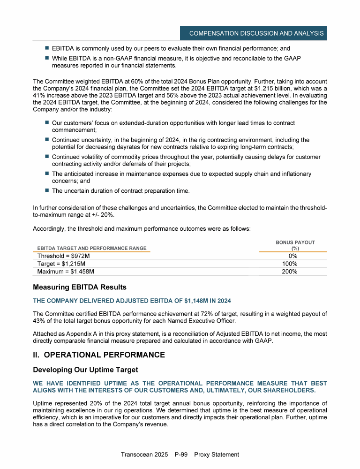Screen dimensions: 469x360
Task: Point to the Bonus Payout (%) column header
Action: [295, 245]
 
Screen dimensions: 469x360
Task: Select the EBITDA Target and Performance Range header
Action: [92, 248]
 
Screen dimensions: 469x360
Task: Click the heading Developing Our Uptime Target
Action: [85, 370]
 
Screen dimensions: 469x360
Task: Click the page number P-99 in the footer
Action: [182, 454]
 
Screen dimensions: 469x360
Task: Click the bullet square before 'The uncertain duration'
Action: [47, 190]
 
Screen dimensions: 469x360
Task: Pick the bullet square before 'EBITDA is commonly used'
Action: [47, 48]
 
